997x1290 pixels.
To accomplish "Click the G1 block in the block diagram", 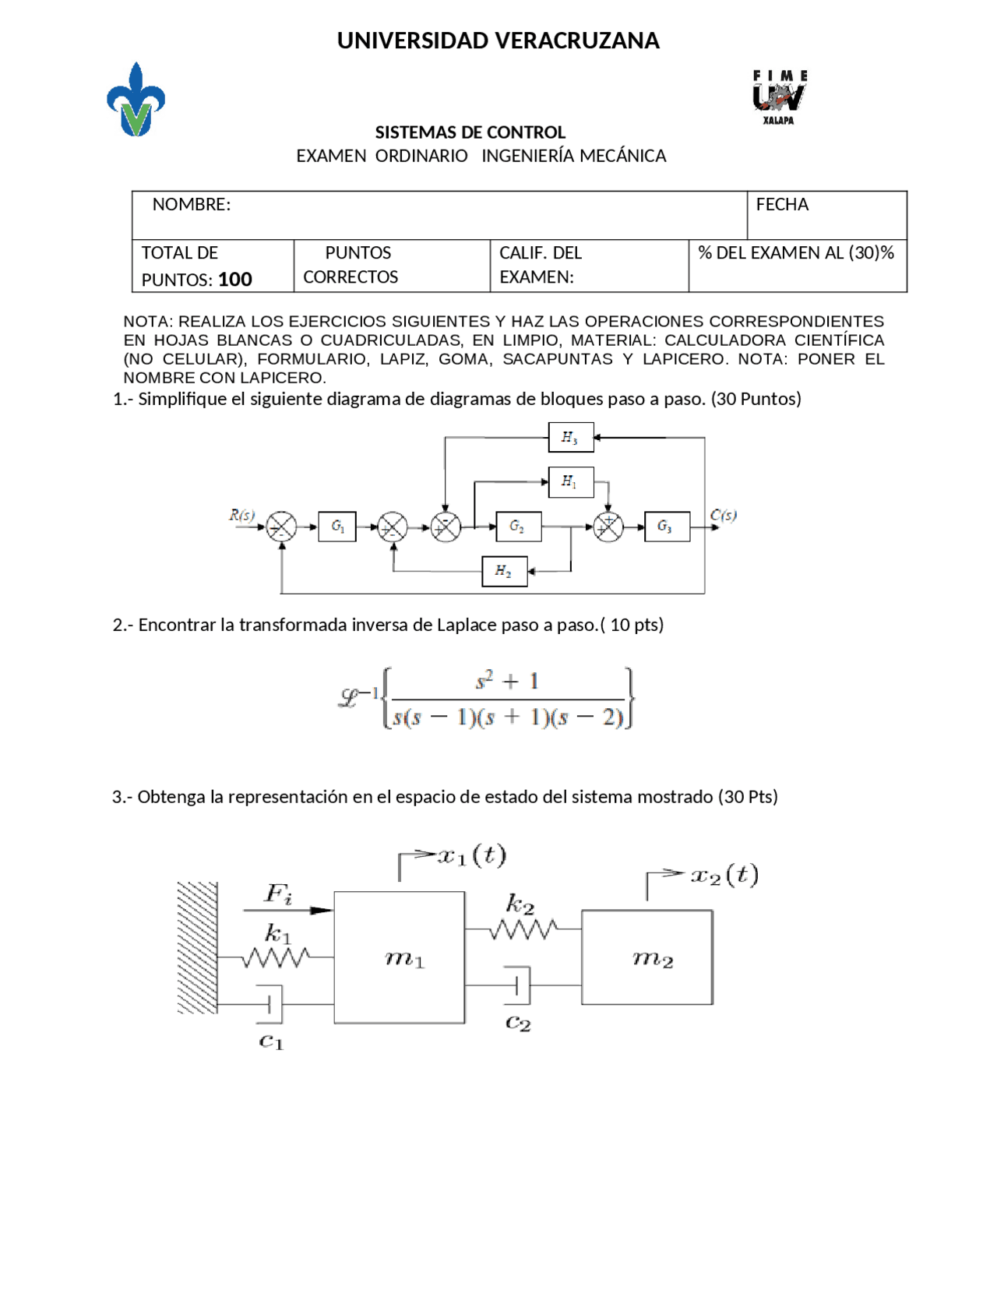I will coord(337,527).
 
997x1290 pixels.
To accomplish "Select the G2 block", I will coord(518,527).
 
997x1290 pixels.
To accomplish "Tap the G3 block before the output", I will coord(667,527).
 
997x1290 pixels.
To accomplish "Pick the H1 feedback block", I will coord(571,482).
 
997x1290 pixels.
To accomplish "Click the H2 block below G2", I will coord(505,572).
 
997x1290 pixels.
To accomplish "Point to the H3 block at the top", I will coord(571,438).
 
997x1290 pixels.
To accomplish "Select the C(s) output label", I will coord(724,515).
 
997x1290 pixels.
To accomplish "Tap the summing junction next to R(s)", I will coord(282,527).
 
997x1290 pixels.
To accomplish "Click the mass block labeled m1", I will coord(400,957).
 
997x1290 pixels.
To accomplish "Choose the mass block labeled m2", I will coord(647,957).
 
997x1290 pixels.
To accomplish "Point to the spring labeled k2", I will coord(522,929).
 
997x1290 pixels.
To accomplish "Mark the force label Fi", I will coord(278,893).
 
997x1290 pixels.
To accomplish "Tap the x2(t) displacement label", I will coord(724,876).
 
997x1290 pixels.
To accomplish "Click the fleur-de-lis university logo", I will coord(136,100).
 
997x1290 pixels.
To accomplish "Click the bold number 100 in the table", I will coord(235,280).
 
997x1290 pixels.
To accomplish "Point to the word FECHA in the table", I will coord(782,205).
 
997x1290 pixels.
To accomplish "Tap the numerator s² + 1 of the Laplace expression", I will coord(508,682).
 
